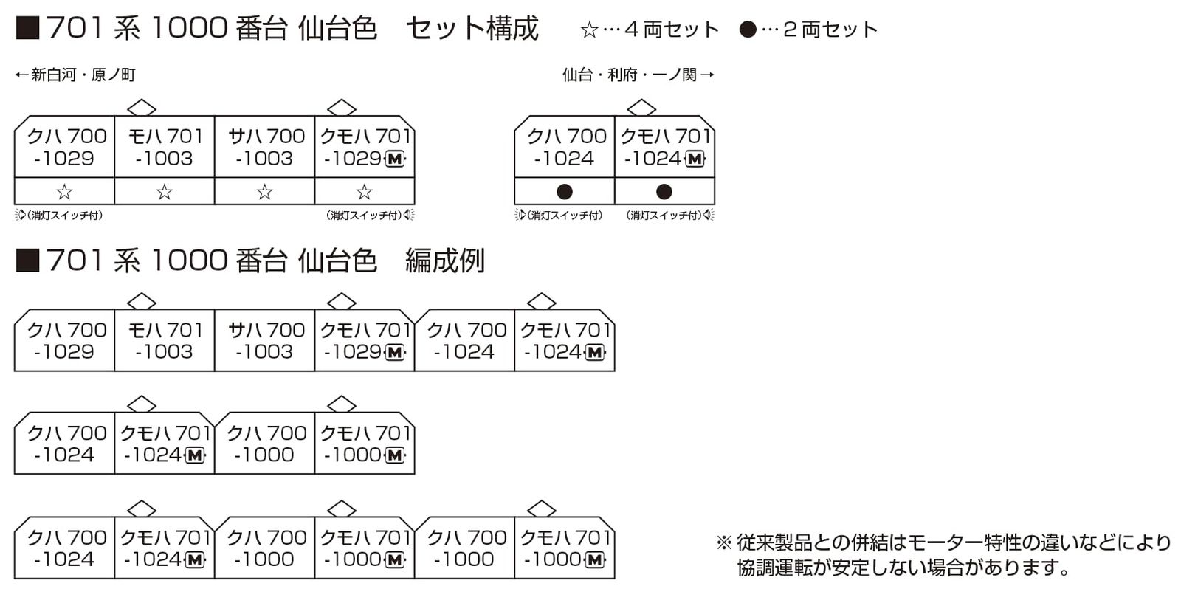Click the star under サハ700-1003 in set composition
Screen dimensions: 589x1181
[264, 192]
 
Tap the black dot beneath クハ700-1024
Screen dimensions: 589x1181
[564, 192]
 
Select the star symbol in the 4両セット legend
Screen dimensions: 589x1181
[589, 30]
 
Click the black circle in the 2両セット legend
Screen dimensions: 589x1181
[748, 30]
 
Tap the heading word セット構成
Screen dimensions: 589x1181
[472, 29]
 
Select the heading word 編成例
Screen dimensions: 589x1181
[444, 261]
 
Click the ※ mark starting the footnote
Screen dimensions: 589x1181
[723, 543]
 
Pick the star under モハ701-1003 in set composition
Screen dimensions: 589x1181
[165, 192]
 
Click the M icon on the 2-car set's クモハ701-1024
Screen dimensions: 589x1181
[695, 159]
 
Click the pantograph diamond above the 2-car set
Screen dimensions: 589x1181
[641, 108]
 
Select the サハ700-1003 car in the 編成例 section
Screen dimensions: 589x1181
[265, 340]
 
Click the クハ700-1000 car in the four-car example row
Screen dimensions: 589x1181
[265, 444]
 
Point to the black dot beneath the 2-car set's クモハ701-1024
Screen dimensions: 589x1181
[664, 192]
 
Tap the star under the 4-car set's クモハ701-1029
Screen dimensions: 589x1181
[364, 192]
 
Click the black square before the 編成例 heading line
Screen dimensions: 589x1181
[27, 261]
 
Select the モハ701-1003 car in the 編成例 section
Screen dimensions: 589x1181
[165, 340]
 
